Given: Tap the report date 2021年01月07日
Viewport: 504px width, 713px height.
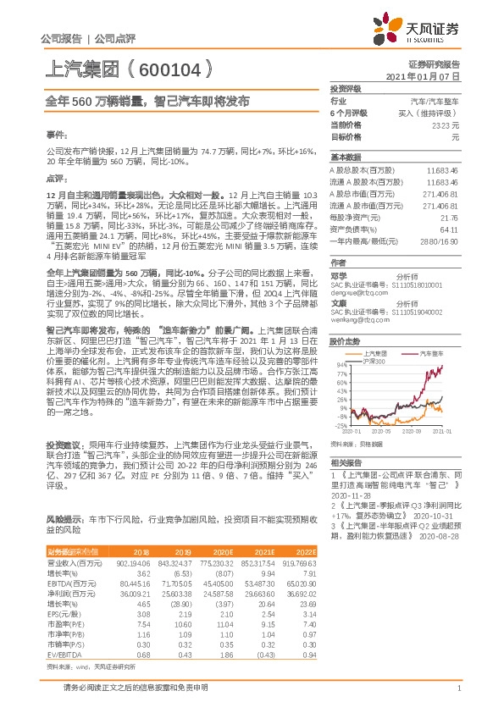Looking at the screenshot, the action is click(x=423, y=75).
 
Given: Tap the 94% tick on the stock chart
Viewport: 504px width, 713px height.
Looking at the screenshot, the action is click(x=341, y=366).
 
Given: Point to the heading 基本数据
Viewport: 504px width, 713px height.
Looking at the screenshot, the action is click(x=346, y=158).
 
